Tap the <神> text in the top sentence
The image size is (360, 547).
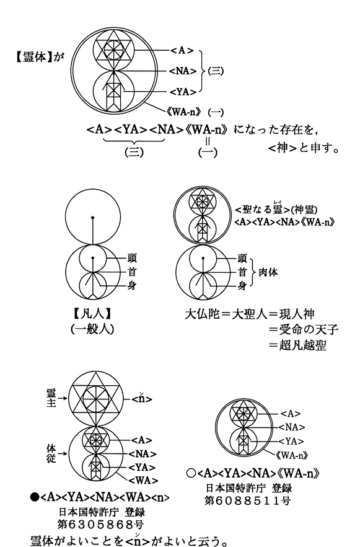(283, 149)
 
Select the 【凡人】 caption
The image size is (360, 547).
(92, 314)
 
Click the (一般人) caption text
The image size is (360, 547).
(92, 329)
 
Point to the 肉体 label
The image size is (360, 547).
(268, 272)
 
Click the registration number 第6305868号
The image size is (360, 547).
(100, 524)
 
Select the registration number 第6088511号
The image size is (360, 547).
(248, 500)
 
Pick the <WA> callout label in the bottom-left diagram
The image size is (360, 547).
(143, 481)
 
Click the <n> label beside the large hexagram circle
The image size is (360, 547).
(142, 398)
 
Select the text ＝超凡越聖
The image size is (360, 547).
(297, 345)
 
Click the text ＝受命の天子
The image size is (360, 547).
(303, 329)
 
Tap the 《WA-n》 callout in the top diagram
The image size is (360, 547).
(185, 112)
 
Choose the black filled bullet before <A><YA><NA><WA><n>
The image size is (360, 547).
(35, 497)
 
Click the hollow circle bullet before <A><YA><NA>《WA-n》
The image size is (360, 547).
(191, 473)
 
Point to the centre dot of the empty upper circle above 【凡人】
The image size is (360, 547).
(93, 217)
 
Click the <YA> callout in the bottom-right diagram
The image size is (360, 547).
(291, 442)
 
